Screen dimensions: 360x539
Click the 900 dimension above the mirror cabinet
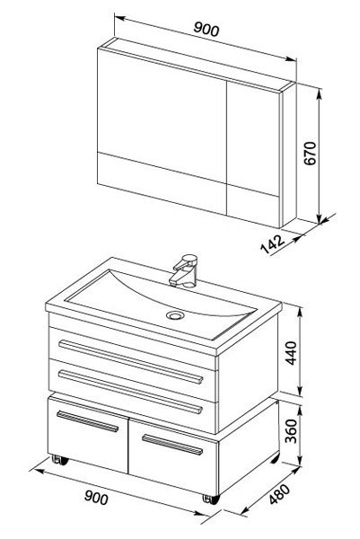pyautogui.click(x=206, y=29)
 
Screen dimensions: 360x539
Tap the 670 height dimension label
pyautogui.click(x=310, y=153)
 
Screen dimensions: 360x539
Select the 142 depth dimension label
pyautogui.click(x=273, y=243)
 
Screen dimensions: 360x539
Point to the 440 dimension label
pyautogui.click(x=291, y=353)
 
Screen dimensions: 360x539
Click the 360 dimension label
pyautogui.click(x=291, y=430)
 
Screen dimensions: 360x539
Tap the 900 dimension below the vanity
pyautogui.click(x=96, y=497)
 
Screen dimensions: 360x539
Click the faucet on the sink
pyautogui.click(x=184, y=270)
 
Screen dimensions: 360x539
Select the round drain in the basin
pyautogui.click(x=175, y=315)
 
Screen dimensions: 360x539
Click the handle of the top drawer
pyautogui.click(x=130, y=362)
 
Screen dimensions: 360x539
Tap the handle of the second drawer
pyautogui.click(x=130, y=392)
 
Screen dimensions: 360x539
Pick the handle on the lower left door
pyautogui.click(x=88, y=421)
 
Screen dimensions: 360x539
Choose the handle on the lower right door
pyautogui.click(x=172, y=445)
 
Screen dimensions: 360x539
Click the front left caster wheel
pyautogui.click(x=60, y=460)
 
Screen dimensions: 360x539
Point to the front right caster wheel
pyautogui.click(x=211, y=499)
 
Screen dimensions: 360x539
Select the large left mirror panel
pyautogui.click(x=162, y=116)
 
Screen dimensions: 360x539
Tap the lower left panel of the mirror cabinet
pyautogui.click(x=162, y=183)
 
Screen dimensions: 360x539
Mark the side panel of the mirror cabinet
pyautogui.click(x=289, y=155)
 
